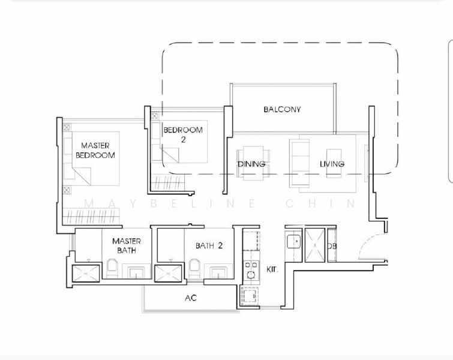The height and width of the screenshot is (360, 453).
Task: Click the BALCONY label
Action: point(282,110)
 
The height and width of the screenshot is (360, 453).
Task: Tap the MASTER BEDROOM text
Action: point(95,150)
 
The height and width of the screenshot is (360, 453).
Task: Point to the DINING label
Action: point(251,164)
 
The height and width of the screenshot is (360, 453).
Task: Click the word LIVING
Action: point(332,164)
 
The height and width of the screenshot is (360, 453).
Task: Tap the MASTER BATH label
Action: point(126,245)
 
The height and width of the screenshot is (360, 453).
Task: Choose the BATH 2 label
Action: point(209,245)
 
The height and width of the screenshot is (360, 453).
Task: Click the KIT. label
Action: point(272,270)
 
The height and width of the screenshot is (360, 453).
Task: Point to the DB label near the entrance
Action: point(332,246)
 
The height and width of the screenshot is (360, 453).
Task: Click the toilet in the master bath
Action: point(112,268)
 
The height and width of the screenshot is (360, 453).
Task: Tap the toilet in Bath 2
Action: point(194,268)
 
